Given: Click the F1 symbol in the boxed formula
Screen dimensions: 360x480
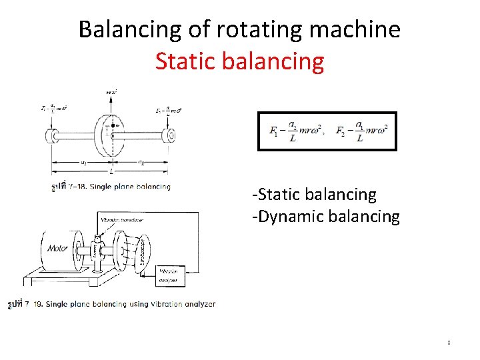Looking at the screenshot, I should pos(274,131).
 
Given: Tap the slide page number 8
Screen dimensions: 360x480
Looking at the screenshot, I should pos(449,343).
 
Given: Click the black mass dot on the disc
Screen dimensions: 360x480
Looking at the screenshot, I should pos(117,125).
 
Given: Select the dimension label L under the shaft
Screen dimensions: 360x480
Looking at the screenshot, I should pos(110,171).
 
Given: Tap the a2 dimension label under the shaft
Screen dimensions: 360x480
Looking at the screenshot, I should pos(141,163).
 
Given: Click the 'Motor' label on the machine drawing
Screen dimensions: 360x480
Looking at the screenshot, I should pos(58,248).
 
